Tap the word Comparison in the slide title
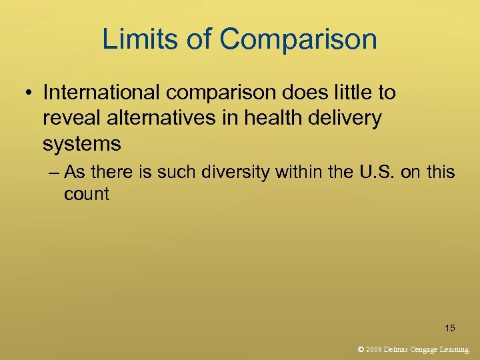click(297, 40)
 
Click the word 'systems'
click(82, 144)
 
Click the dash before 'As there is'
click(55, 173)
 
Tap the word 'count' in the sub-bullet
click(86, 194)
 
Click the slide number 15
click(450, 327)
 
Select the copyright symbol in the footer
click(361, 348)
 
